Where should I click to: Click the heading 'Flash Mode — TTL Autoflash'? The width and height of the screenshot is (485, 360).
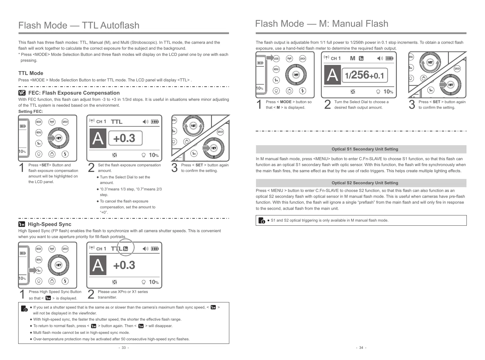click(79, 26)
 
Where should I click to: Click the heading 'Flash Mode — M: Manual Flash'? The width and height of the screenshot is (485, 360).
click(322, 24)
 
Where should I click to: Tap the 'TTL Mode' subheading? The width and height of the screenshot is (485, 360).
click(31, 73)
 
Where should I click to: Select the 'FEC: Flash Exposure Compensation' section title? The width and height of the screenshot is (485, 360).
click(74, 93)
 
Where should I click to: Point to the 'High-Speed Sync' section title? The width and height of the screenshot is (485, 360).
click(49, 224)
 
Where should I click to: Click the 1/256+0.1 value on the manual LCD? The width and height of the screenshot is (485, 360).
click(364, 75)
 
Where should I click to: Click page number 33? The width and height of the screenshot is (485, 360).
click(123, 348)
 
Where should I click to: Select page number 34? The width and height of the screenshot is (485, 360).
click(361, 348)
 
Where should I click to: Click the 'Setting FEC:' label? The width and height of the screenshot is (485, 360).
click(31, 111)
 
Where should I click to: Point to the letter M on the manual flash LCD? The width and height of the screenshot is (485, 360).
click(353, 58)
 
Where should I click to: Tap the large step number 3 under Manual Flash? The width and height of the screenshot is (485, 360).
click(412, 105)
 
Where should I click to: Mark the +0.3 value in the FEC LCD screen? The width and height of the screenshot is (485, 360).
click(124, 138)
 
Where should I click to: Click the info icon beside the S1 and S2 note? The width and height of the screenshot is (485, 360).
click(261, 220)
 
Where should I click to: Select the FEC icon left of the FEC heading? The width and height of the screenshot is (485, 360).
click(22, 93)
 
